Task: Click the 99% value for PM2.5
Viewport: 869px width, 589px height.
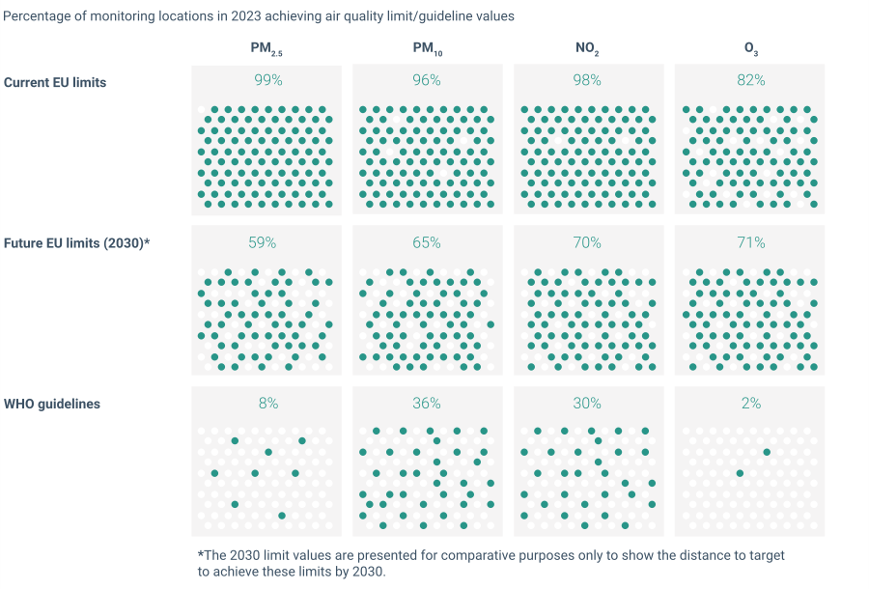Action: click(266, 81)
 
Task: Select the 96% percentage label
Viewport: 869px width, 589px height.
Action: click(427, 81)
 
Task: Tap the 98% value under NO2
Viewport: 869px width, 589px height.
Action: click(587, 81)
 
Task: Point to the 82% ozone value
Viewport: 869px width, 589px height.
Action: click(749, 81)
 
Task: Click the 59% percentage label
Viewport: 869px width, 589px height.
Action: click(263, 242)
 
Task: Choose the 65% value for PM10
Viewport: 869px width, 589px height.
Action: click(427, 242)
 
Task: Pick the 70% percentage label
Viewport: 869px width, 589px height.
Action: click(587, 242)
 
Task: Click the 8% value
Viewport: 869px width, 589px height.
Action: click(267, 404)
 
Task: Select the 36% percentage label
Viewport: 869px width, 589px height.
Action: click(427, 404)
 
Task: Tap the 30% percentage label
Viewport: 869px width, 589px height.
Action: click(587, 404)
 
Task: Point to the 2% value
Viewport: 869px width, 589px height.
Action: click(750, 404)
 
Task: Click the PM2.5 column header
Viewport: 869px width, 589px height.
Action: click(266, 49)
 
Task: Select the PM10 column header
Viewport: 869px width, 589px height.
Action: click(427, 49)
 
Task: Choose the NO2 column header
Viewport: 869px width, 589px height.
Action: click(588, 49)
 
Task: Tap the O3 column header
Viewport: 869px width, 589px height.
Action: click(750, 49)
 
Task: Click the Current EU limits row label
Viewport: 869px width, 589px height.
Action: click(55, 83)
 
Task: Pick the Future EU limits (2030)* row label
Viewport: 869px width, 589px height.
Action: click(77, 243)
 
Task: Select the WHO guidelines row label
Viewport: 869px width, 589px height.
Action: click(52, 405)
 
